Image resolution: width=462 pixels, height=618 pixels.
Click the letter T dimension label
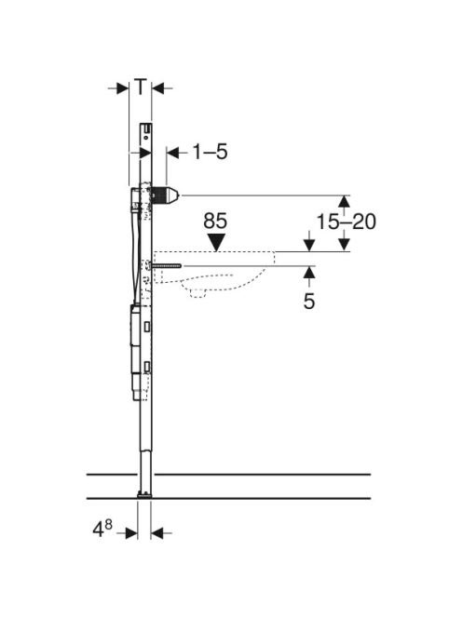click(x=141, y=87)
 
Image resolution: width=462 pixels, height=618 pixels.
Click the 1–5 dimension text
click(x=210, y=152)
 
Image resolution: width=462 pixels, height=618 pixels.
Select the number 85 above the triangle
click(x=215, y=222)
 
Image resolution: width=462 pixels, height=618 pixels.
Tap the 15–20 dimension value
click(x=346, y=222)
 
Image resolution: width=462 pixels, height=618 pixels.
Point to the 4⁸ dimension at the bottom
click(x=102, y=529)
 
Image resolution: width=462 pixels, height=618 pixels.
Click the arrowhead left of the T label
click(x=123, y=88)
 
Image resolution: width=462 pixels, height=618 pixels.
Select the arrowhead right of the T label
click(x=157, y=88)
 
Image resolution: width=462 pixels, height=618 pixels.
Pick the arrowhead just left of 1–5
click(x=172, y=153)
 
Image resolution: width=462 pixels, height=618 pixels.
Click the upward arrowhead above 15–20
click(x=345, y=201)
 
